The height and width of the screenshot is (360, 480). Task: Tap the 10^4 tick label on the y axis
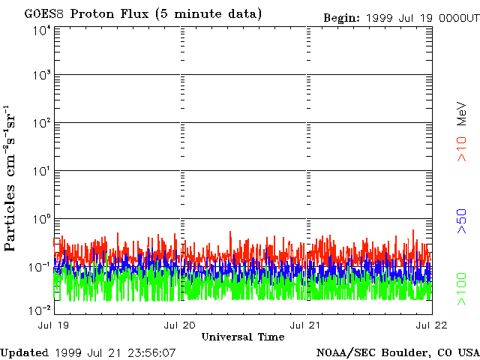(41, 31)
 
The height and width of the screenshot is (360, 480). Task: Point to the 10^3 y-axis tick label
(41, 75)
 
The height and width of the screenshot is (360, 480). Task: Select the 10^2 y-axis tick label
(41, 122)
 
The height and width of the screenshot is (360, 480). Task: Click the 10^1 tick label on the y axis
(41, 170)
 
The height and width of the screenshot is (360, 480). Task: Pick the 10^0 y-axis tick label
(41, 218)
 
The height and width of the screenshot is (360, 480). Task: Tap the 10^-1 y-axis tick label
(40, 266)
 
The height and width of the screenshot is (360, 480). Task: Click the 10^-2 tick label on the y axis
(40, 310)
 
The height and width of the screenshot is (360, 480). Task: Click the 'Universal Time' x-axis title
(242, 337)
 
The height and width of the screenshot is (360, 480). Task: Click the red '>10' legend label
(463, 149)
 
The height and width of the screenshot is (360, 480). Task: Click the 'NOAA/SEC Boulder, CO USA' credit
(397, 352)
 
